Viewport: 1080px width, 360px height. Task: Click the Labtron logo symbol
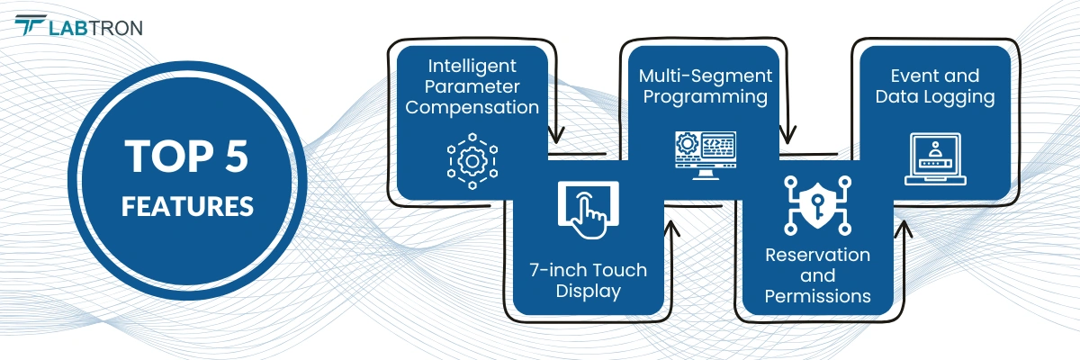click(x=31, y=24)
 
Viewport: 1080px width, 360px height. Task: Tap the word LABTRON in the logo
click(x=95, y=29)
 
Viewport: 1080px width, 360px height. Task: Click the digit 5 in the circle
click(x=237, y=156)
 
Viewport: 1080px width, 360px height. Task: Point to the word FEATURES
click(x=187, y=206)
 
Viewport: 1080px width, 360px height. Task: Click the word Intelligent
click(x=472, y=67)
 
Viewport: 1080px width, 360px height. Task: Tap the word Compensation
click(x=472, y=107)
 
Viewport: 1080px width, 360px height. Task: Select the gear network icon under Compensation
click(x=472, y=161)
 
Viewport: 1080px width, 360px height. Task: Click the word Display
click(x=589, y=292)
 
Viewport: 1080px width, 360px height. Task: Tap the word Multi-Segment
click(x=706, y=76)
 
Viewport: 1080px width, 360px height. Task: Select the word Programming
click(x=706, y=97)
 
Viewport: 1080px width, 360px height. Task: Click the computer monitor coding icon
click(x=706, y=155)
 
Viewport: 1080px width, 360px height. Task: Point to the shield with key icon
click(x=818, y=205)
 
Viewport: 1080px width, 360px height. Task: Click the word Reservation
click(x=818, y=255)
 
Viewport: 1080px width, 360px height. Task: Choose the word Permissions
click(x=818, y=296)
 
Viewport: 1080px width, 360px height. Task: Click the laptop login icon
click(x=935, y=159)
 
